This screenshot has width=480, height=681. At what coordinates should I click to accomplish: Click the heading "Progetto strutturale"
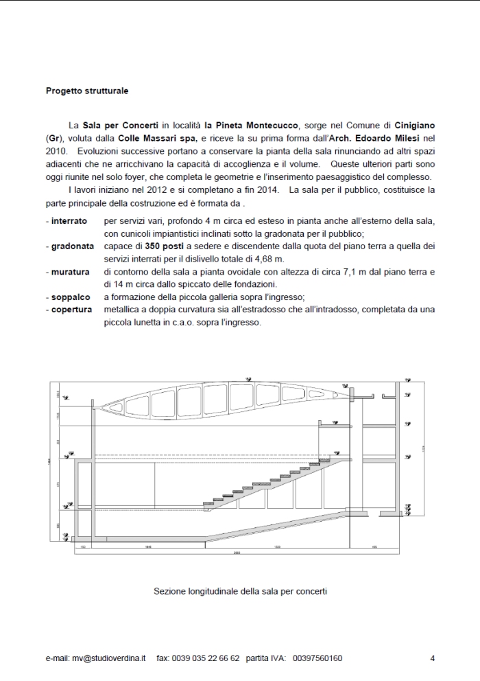(86, 90)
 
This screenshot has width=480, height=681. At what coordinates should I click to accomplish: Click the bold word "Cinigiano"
(415, 126)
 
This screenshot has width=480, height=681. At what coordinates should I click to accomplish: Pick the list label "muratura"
(70, 271)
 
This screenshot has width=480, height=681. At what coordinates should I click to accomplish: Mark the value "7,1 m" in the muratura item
(341, 271)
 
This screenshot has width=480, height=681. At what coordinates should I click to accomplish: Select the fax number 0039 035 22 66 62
(208, 658)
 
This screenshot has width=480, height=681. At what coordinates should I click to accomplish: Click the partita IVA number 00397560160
(317, 658)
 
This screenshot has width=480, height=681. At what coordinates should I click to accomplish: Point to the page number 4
(433, 658)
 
